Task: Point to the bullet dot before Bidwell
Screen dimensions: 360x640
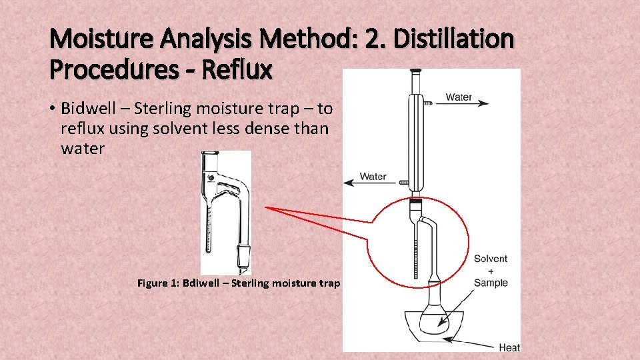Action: (x=53, y=109)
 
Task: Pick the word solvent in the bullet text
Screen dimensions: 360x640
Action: (x=177, y=128)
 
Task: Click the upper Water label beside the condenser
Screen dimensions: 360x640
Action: (x=459, y=97)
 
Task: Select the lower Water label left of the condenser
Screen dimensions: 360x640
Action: (x=373, y=177)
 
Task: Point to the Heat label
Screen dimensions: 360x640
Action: (x=509, y=347)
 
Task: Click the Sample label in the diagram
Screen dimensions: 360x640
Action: (x=491, y=283)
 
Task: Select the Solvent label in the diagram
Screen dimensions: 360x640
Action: (x=491, y=259)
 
